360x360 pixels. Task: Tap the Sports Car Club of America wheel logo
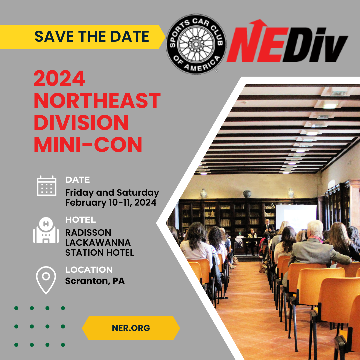coord(196,44)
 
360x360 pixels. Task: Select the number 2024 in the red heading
coord(60,79)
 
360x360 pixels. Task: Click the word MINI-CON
coord(88,144)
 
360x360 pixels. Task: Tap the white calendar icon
coord(46,186)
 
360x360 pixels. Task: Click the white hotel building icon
coord(46,230)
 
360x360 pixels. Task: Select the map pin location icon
coord(46,279)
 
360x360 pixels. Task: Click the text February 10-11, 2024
coord(111,202)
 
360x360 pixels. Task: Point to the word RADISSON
coord(88,232)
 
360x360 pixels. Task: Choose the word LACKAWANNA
coord(98,242)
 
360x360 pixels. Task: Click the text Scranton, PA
coord(95,281)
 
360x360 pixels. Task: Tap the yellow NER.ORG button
coord(131,328)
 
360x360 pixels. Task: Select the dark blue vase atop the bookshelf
coord(247,194)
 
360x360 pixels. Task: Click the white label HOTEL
coord(80,220)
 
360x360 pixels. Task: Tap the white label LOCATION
coord(89,270)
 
